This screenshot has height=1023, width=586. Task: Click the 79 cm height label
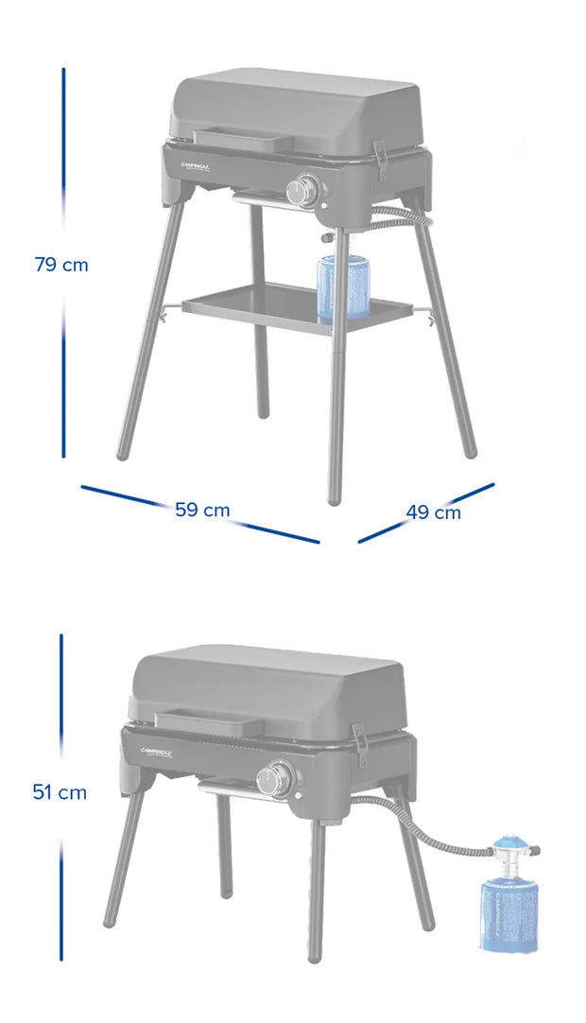tap(61, 265)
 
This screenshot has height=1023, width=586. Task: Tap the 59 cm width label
tap(202, 510)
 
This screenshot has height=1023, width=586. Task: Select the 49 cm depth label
tap(434, 512)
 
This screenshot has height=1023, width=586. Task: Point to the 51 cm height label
tap(60, 792)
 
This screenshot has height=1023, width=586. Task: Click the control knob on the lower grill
tap(274, 779)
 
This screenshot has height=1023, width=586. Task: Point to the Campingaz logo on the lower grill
tap(163, 753)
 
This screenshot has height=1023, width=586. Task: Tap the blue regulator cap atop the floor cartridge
tap(512, 842)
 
